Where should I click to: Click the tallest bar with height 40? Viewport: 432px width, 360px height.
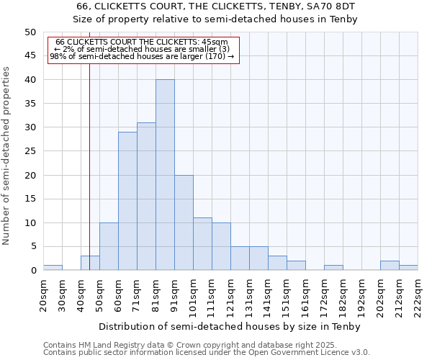[165, 175]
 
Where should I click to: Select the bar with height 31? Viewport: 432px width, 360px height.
[146, 197]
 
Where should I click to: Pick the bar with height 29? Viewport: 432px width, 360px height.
[127, 201]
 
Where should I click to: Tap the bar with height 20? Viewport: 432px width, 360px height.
[184, 222]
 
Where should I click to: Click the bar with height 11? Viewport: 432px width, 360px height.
[202, 244]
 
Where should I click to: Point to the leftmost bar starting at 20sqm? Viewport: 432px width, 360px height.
[53, 268]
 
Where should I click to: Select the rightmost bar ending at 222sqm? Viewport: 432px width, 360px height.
[408, 268]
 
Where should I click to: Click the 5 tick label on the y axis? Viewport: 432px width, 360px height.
[32, 247]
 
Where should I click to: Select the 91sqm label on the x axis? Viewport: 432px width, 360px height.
[174, 295]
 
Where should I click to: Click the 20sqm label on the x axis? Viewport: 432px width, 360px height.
[43, 295]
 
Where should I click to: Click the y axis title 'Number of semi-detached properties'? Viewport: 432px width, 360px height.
[7, 156]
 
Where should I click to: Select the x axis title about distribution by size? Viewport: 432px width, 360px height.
[230, 326]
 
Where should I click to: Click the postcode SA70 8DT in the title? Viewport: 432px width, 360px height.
[336, 6]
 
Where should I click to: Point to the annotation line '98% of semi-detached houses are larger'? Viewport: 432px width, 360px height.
[142, 55]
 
